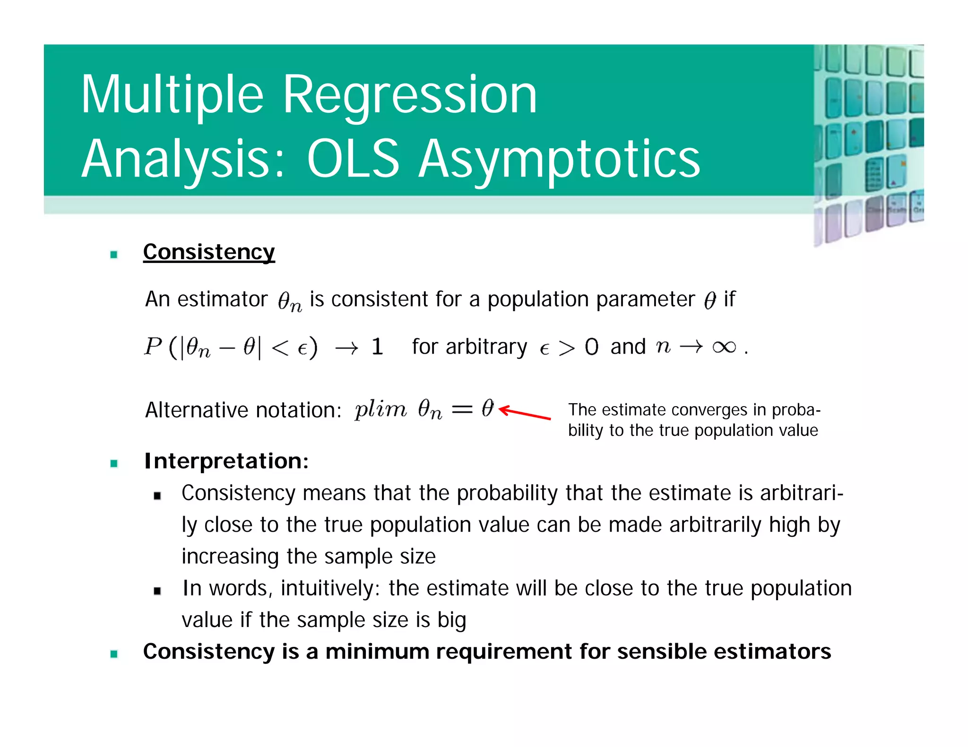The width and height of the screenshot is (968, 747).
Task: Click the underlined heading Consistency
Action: [209, 252]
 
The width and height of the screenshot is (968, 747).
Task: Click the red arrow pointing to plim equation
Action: [525, 413]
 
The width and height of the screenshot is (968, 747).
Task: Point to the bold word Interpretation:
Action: [226, 461]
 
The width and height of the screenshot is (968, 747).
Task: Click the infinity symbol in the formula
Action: [724, 347]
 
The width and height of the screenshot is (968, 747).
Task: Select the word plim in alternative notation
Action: [380, 409]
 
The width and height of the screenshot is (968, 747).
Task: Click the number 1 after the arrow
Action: [377, 347]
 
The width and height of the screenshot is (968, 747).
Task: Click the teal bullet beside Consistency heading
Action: [114, 255]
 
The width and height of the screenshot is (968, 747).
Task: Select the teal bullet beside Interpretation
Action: [114, 463]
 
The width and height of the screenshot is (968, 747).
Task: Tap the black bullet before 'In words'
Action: [157, 591]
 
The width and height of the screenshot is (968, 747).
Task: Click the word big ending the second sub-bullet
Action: [451, 620]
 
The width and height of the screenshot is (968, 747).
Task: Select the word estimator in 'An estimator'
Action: [222, 299]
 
